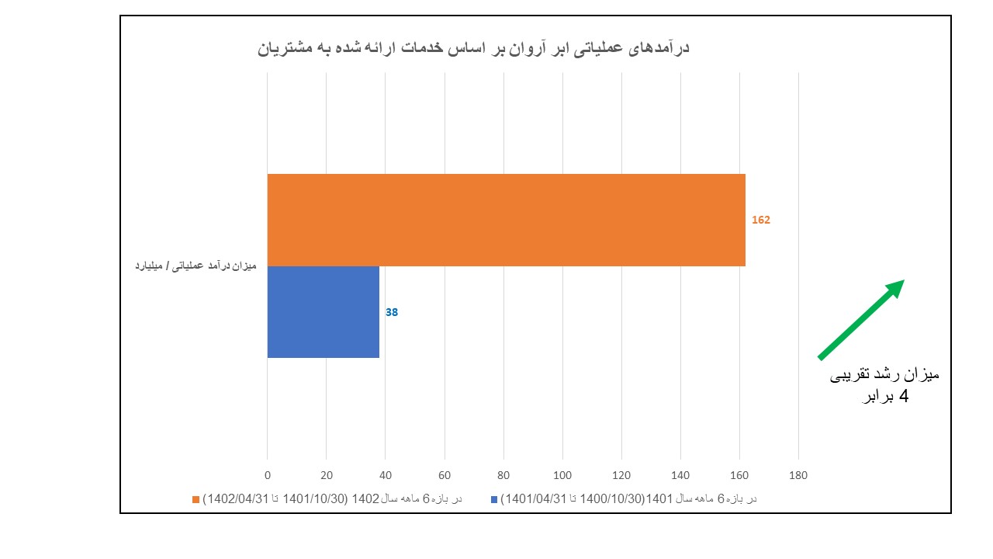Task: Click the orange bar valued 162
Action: point(506,220)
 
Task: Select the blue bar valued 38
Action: point(323,312)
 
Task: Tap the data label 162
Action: point(760,220)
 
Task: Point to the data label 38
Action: point(392,312)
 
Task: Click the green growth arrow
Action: point(861,320)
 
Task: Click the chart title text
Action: point(473,49)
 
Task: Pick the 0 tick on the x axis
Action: point(268,475)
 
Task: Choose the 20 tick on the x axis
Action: point(327,475)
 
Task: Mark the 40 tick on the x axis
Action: point(386,475)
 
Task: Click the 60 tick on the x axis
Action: point(445,475)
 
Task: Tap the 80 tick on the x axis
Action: point(503,475)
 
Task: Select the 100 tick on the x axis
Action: point(562,475)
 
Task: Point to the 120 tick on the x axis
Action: point(621,475)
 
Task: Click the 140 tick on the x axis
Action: point(680,475)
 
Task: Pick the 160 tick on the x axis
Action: point(739,475)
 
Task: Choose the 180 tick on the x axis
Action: point(798,475)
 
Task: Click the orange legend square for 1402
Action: point(195,499)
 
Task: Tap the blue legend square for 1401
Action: point(494,499)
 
